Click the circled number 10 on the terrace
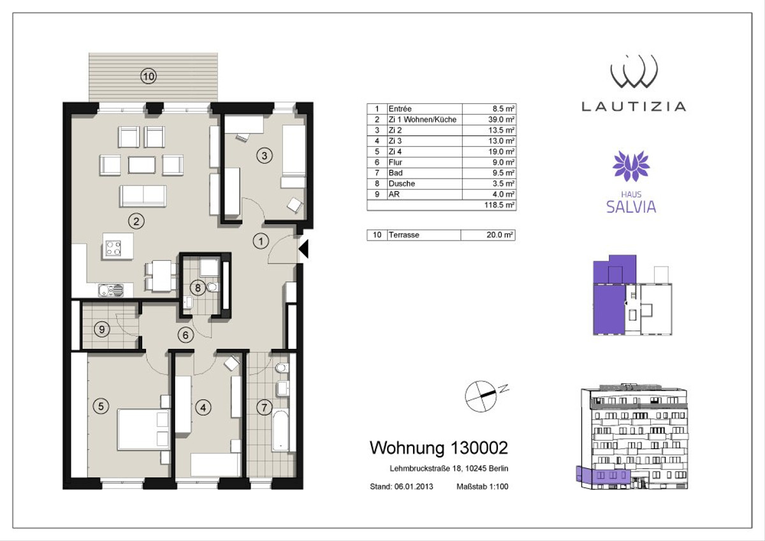point(149,76)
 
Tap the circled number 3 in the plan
point(265,156)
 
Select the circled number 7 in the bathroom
point(264,408)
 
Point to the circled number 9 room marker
point(102,329)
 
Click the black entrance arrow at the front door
point(303,248)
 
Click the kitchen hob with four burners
point(113,248)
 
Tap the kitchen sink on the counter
point(111,290)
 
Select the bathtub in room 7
point(280,431)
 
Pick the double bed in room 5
point(143,429)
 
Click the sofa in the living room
point(143,196)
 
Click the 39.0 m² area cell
point(501,119)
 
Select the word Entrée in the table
point(400,108)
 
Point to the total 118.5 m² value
point(499,205)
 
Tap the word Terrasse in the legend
point(404,235)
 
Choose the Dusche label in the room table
point(402,184)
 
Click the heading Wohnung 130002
point(439,448)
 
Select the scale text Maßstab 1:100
point(482,486)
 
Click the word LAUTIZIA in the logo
point(634,107)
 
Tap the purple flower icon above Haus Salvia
point(630,166)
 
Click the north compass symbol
point(481,396)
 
